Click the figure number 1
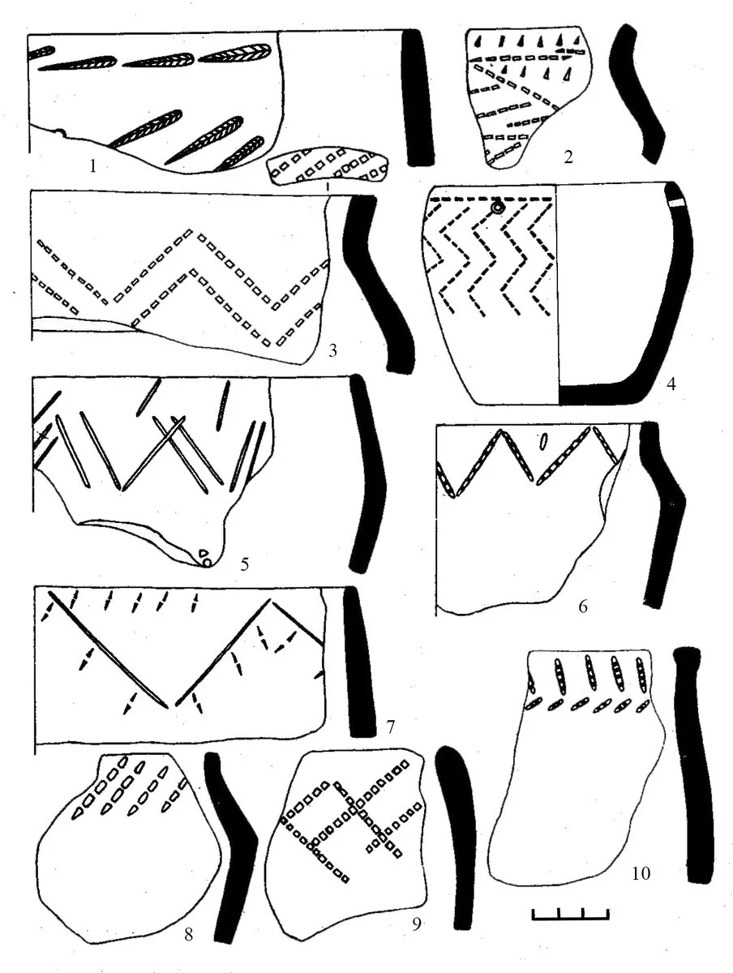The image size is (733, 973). [x=92, y=167]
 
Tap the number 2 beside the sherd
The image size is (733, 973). [x=568, y=157]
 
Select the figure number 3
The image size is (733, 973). [x=332, y=351]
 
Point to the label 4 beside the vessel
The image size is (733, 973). [x=671, y=384]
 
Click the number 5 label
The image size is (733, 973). [x=244, y=564]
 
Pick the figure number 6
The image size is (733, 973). [x=583, y=606]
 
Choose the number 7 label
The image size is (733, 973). [x=390, y=727]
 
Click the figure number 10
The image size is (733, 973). [x=641, y=873]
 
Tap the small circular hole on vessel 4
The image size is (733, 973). [x=499, y=207]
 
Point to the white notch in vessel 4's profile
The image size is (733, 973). [x=677, y=203]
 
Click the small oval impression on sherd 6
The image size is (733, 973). [x=543, y=441]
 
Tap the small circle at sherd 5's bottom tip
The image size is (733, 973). [x=206, y=563]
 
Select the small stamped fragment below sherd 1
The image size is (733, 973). [x=328, y=166]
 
